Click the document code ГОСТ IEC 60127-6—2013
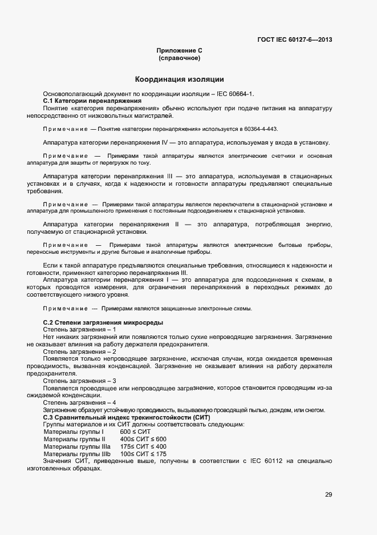coord(294,39)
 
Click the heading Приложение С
coord(179,51)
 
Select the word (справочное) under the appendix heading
coord(179,58)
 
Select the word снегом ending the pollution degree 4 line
coord(314,410)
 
